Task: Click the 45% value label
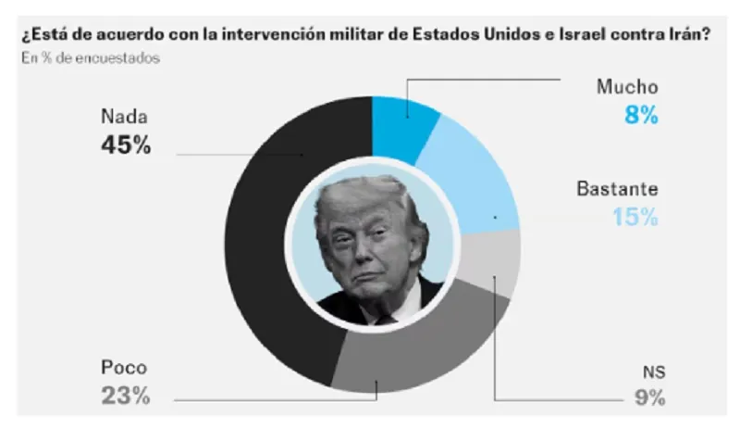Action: pyautogui.click(x=126, y=145)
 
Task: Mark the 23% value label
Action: pyautogui.click(x=125, y=396)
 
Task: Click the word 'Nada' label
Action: pyautogui.click(x=124, y=118)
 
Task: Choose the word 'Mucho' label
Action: pyautogui.click(x=627, y=88)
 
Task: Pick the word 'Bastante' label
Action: pyautogui.click(x=617, y=190)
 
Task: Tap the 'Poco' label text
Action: pyautogui.click(x=124, y=368)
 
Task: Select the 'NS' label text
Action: pyautogui.click(x=654, y=372)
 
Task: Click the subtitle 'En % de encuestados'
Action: pyautogui.click(x=89, y=59)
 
